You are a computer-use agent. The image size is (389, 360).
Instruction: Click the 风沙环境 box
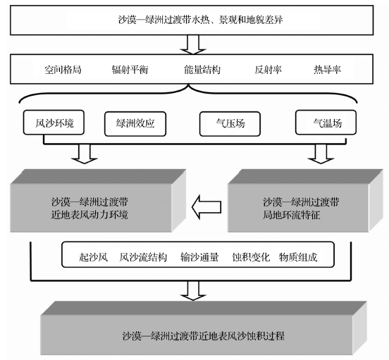coord(54,123)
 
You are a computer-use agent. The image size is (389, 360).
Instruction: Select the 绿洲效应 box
coord(135,124)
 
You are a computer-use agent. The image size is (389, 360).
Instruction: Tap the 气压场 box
coord(230,124)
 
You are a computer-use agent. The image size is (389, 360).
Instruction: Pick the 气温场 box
coord(326,123)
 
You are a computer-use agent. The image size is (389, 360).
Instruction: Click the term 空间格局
coord(63,70)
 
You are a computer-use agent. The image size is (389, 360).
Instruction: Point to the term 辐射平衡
coord(130,70)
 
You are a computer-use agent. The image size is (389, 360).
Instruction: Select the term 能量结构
coord(202,70)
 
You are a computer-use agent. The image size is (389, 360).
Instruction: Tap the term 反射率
coord(268,70)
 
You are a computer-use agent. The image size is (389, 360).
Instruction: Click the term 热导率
coord(327,70)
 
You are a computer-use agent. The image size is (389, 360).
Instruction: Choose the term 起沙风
coord(93,257)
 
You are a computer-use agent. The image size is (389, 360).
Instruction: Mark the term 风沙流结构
coord(143,257)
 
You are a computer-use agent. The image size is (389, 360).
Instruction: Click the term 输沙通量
coord(199,257)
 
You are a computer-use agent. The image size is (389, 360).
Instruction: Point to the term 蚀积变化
coord(251,257)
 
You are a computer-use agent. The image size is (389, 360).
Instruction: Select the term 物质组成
coord(298,257)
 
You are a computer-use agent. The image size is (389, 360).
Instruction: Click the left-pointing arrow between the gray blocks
coord(206,207)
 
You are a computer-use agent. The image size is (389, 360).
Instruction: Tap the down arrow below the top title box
coord(193,44)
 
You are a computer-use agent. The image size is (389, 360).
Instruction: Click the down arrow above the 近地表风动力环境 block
coord(85,154)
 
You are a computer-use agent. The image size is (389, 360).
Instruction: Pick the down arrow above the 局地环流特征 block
coord(321,154)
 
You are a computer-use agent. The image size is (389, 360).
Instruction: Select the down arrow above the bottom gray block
coord(193,291)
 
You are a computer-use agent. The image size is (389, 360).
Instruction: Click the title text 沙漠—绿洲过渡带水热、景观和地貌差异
coord(200,20)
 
